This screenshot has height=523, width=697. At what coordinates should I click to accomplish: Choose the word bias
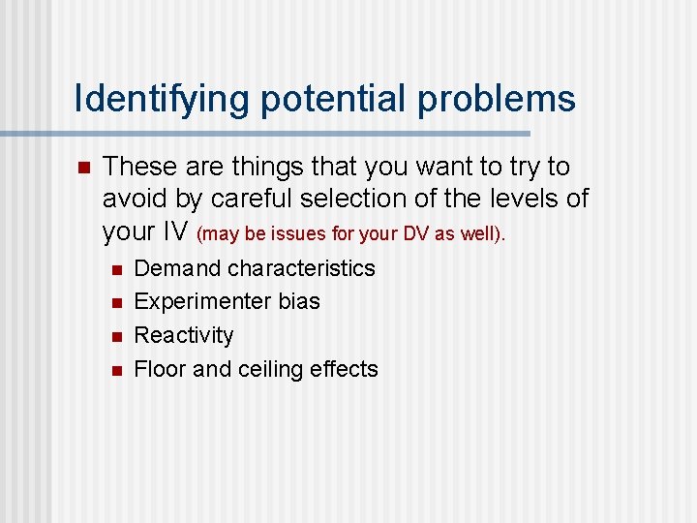pos(297,301)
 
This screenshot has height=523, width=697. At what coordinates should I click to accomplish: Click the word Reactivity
pos(184,335)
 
